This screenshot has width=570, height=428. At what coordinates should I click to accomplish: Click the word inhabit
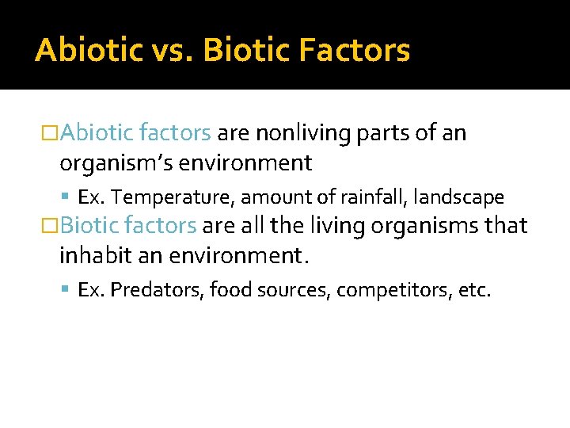point(89,255)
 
